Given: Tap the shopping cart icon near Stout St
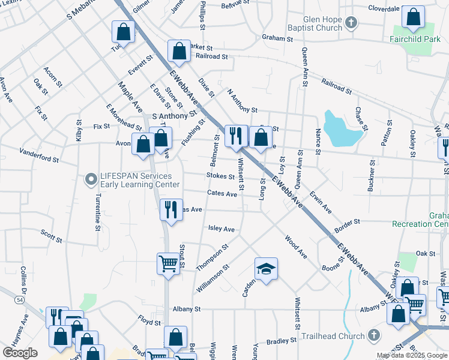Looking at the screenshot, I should click(169, 263).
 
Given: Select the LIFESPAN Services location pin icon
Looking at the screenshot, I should click(91, 179).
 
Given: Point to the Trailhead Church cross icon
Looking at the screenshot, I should click(373, 335).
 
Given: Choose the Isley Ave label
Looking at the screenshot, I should click(221, 229).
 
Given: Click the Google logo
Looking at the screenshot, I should click(20, 353).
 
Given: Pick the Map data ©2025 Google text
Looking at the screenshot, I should click(412, 355).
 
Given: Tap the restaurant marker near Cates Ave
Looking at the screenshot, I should click(171, 209).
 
